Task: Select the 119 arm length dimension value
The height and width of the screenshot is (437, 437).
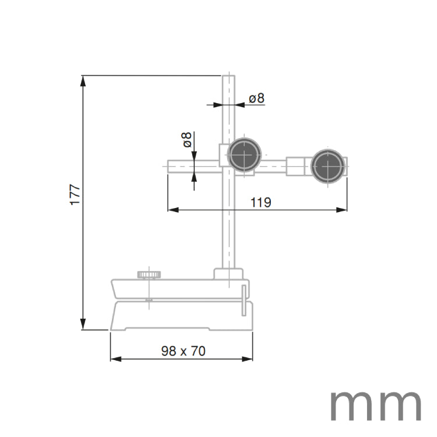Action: click(x=260, y=202)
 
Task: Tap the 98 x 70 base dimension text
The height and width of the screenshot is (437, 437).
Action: click(x=183, y=351)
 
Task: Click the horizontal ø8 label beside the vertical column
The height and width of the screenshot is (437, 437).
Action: click(x=256, y=98)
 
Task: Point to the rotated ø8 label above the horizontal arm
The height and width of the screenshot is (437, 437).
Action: click(x=186, y=140)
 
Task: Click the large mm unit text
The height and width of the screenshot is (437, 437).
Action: click(x=375, y=406)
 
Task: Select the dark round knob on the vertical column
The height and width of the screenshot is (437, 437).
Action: click(x=244, y=155)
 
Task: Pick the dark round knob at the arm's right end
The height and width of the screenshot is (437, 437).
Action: click(x=327, y=166)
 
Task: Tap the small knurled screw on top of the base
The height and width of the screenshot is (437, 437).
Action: click(x=150, y=274)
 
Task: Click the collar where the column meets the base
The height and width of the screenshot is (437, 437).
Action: click(x=228, y=274)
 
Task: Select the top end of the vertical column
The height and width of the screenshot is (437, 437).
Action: click(x=228, y=76)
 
